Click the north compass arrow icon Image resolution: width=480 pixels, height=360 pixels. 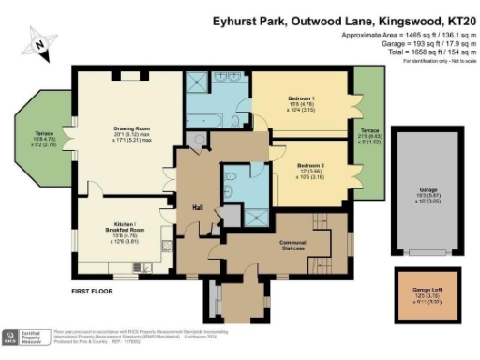39,41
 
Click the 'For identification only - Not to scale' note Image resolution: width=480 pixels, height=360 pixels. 427,67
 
